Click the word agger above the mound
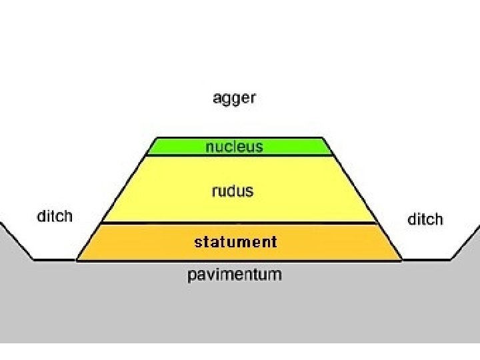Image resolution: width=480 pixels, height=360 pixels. (234, 99)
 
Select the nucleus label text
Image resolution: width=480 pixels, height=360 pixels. (234, 146)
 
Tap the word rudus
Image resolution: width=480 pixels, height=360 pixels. (233, 191)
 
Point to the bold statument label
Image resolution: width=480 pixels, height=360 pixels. (235, 241)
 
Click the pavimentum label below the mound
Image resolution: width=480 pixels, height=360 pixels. (234, 274)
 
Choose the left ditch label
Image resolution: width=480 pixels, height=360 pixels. (54, 216)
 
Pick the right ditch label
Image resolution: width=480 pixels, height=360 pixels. (425, 219)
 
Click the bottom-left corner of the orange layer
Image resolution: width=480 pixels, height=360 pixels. (76, 260)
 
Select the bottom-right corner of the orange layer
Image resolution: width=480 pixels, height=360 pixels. (401, 260)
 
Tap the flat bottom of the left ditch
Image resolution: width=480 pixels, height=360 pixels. (53, 260)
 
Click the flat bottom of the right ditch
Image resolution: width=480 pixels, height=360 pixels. (427, 260)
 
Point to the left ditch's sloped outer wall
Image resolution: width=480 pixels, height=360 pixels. (16, 241)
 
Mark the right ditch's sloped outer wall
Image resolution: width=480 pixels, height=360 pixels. (465, 241)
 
